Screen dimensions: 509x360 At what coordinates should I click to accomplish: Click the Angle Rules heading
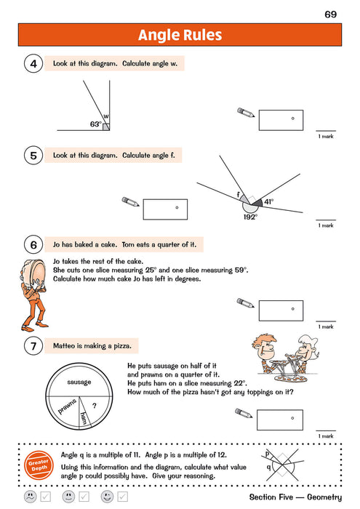click(x=180, y=35)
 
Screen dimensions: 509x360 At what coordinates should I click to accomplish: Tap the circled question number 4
click(x=33, y=65)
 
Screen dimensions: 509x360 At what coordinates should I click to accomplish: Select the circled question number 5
click(x=33, y=155)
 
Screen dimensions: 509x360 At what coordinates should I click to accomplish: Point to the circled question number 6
click(x=33, y=244)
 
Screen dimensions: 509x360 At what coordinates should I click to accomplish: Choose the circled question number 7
click(x=33, y=347)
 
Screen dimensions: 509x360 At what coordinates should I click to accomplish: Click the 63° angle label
click(x=95, y=124)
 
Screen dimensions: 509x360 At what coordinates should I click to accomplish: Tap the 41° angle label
click(x=269, y=201)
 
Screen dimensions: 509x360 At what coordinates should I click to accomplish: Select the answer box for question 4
click(x=281, y=120)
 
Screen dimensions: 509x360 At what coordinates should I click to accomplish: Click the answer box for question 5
click(x=165, y=209)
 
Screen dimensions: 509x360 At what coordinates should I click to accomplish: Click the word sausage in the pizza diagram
click(x=78, y=382)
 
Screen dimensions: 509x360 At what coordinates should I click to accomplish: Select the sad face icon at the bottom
click(x=30, y=497)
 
